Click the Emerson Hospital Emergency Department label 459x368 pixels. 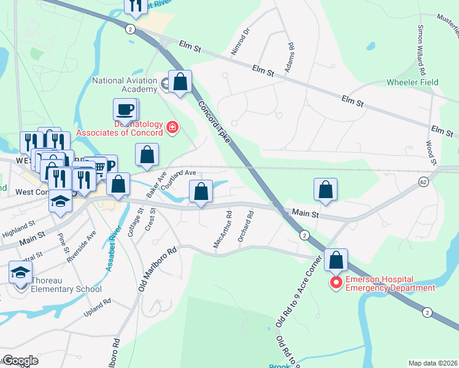[x=390, y=283]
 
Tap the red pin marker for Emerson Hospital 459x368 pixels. [x=336, y=283]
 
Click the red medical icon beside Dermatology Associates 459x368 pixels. [x=172, y=128]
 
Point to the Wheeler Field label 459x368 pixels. [x=412, y=82]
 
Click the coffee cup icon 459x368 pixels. [x=125, y=110]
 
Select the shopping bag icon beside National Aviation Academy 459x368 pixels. [x=180, y=82]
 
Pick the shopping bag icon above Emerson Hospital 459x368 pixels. [x=336, y=260]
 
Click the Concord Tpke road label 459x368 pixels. [x=214, y=120]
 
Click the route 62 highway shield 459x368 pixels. [x=423, y=182]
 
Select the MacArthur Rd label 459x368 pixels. [x=222, y=230]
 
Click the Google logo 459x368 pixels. [x=20, y=361]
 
